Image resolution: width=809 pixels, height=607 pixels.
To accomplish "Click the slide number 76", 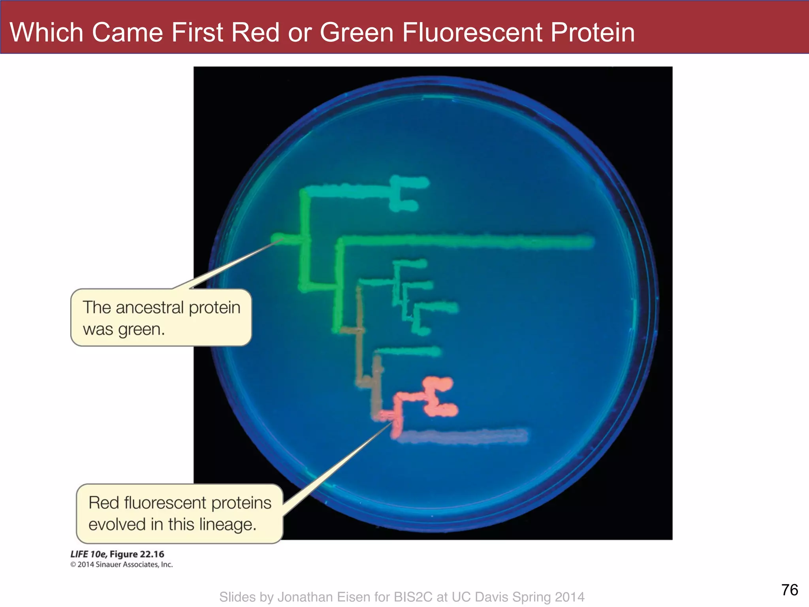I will tap(790, 590).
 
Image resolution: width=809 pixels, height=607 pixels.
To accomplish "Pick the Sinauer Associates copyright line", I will tap(122, 564).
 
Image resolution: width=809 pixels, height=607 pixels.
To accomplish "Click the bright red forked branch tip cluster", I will tap(438, 397).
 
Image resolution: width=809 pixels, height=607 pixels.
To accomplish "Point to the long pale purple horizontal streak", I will tap(466, 436).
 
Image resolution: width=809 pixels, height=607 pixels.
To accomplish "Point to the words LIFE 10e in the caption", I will tap(88, 554).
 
